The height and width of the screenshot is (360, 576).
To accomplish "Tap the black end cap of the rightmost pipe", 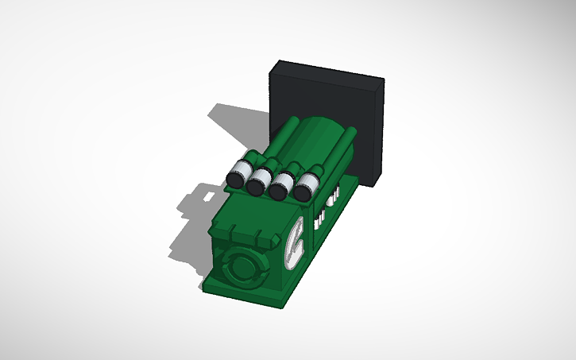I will point(303,191).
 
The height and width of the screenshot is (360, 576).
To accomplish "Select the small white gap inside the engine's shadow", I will point(208,194).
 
